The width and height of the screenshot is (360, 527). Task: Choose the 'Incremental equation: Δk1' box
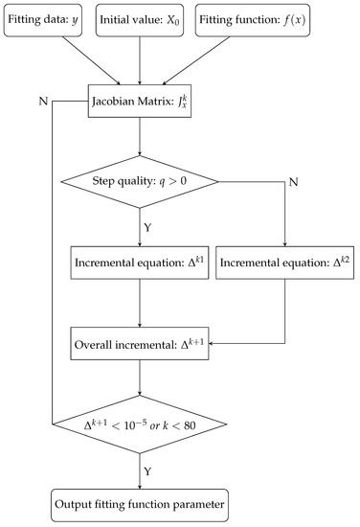coord(141,260)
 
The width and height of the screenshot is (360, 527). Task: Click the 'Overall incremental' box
coord(141,340)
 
